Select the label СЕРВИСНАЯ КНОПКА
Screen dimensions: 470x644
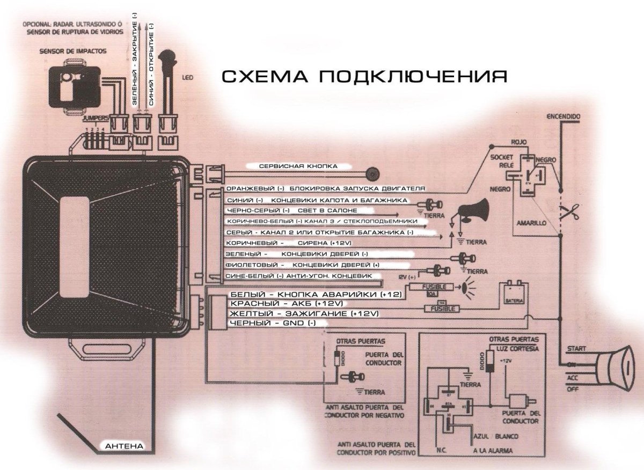298,166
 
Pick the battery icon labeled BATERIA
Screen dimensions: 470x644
514,295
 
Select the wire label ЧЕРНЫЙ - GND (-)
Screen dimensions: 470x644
272,323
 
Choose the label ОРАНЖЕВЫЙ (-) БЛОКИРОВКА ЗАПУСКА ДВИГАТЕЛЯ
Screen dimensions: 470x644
326,189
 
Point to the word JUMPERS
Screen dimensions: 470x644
96,117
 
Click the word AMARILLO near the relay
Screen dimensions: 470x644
531,221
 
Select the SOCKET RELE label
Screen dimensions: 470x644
502,160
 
